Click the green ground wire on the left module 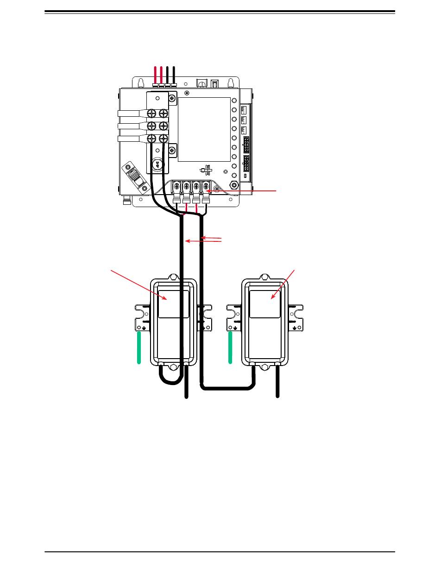pyautogui.click(x=139, y=348)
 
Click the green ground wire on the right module pyautogui.click(x=230, y=348)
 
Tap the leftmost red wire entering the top pyautogui.click(x=155, y=74)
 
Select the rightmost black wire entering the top pyautogui.click(x=174, y=74)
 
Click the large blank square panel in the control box pyautogui.click(x=204, y=129)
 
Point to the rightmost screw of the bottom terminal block pyautogui.click(x=206, y=187)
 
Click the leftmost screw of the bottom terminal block pyautogui.click(x=176, y=187)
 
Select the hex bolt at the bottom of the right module pyautogui.click(x=264, y=367)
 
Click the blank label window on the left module pyautogui.click(x=174, y=304)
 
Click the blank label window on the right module pyautogui.click(x=264, y=304)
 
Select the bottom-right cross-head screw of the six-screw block pyautogui.click(x=163, y=139)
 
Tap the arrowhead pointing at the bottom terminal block pyautogui.click(x=210, y=191)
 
